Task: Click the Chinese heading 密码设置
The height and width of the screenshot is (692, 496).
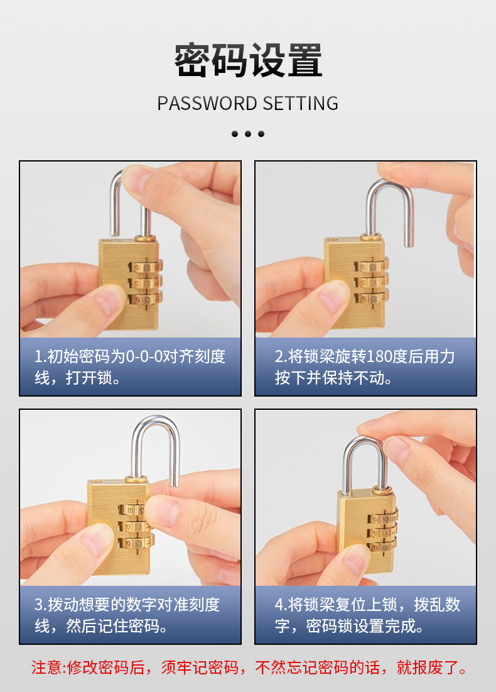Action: [248, 60]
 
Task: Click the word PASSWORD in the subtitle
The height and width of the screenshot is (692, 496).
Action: [207, 103]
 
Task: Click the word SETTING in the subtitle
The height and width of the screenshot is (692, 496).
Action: [301, 103]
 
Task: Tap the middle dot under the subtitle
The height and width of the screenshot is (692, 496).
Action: [248, 134]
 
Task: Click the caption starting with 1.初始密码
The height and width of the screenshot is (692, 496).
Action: [130, 367]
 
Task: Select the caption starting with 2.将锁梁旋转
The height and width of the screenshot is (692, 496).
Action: [365, 367]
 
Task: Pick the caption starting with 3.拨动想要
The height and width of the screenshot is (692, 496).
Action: [127, 615]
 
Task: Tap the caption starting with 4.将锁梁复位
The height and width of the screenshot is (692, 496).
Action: [367, 615]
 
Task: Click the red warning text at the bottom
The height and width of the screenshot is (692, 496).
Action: [249, 667]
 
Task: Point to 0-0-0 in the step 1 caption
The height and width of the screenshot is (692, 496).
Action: [144, 356]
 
